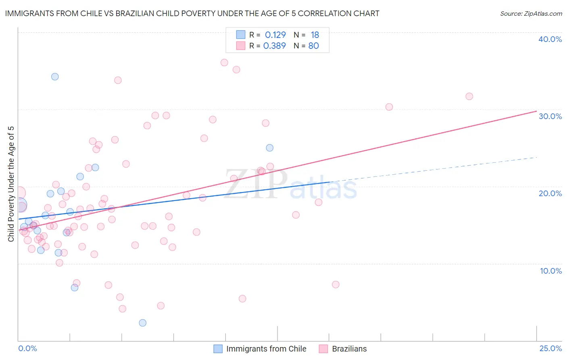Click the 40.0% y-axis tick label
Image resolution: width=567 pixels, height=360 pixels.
tap(550, 39)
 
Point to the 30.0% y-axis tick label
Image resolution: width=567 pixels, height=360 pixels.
tap(550, 116)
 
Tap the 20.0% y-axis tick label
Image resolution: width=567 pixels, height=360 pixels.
tap(550, 193)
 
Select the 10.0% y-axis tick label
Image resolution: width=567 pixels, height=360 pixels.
tap(551, 271)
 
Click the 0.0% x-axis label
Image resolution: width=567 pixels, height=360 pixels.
tap(27, 348)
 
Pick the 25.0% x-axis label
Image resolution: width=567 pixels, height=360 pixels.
tap(550, 348)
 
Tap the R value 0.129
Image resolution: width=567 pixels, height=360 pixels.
tap(275, 35)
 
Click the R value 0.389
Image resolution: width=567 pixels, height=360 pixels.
tap(275, 46)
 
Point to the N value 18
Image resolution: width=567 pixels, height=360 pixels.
tap(315, 35)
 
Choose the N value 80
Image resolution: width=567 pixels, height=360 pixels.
tap(314, 46)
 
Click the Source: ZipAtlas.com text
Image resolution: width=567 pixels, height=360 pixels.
tap(531, 14)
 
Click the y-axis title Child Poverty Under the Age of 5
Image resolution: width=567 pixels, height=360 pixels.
tap(11, 184)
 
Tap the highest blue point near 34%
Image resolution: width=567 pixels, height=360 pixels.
tap(55, 77)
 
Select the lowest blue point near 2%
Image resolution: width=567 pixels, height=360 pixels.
tap(142, 323)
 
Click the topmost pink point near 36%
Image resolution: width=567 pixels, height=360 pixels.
tap(224, 63)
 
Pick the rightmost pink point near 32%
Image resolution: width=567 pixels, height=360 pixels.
tap(469, 96)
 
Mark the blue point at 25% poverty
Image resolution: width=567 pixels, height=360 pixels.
tap(270, 148)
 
